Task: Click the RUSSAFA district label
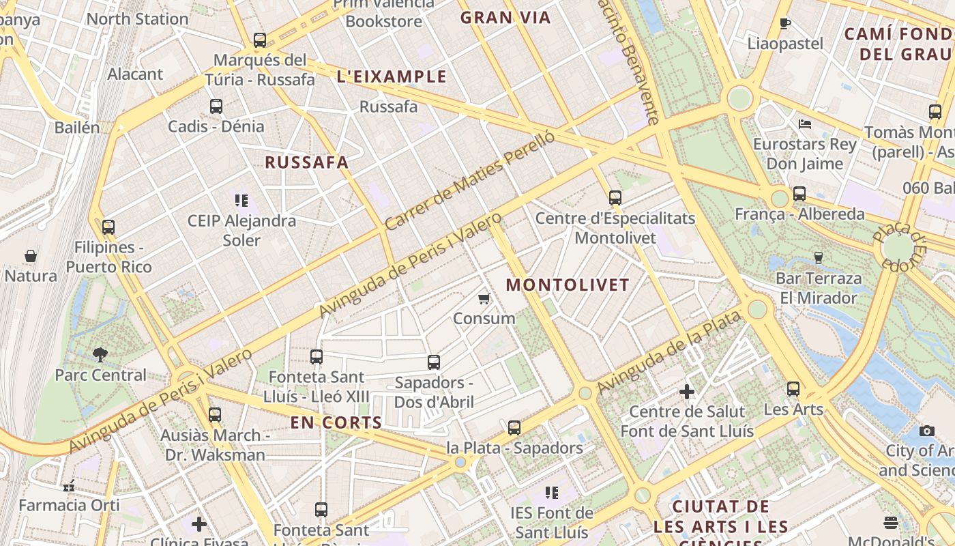click(307, 162)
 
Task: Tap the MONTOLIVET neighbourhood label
click(568, 285)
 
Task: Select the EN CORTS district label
click(336, 422)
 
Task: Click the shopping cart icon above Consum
click(484, 298)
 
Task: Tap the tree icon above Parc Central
click(100, 354)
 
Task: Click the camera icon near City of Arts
click(926, 431)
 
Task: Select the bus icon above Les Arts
click(793, 389)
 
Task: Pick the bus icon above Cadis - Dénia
click(216, 106)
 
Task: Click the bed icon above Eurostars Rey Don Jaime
click(805, 124)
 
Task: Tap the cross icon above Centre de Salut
click(687, 392)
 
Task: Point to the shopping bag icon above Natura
click(31, 256)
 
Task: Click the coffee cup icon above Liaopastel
click(785, 24)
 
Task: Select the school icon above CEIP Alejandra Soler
click(241, 201)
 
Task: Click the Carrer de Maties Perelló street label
click(469, 180)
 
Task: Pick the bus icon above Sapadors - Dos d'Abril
click(434, 362)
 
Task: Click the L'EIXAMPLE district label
click(392, 76)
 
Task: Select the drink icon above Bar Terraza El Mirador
click(819, 258)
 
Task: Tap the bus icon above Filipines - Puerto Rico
click(108, 227)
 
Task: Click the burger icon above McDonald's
click(891, 523)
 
